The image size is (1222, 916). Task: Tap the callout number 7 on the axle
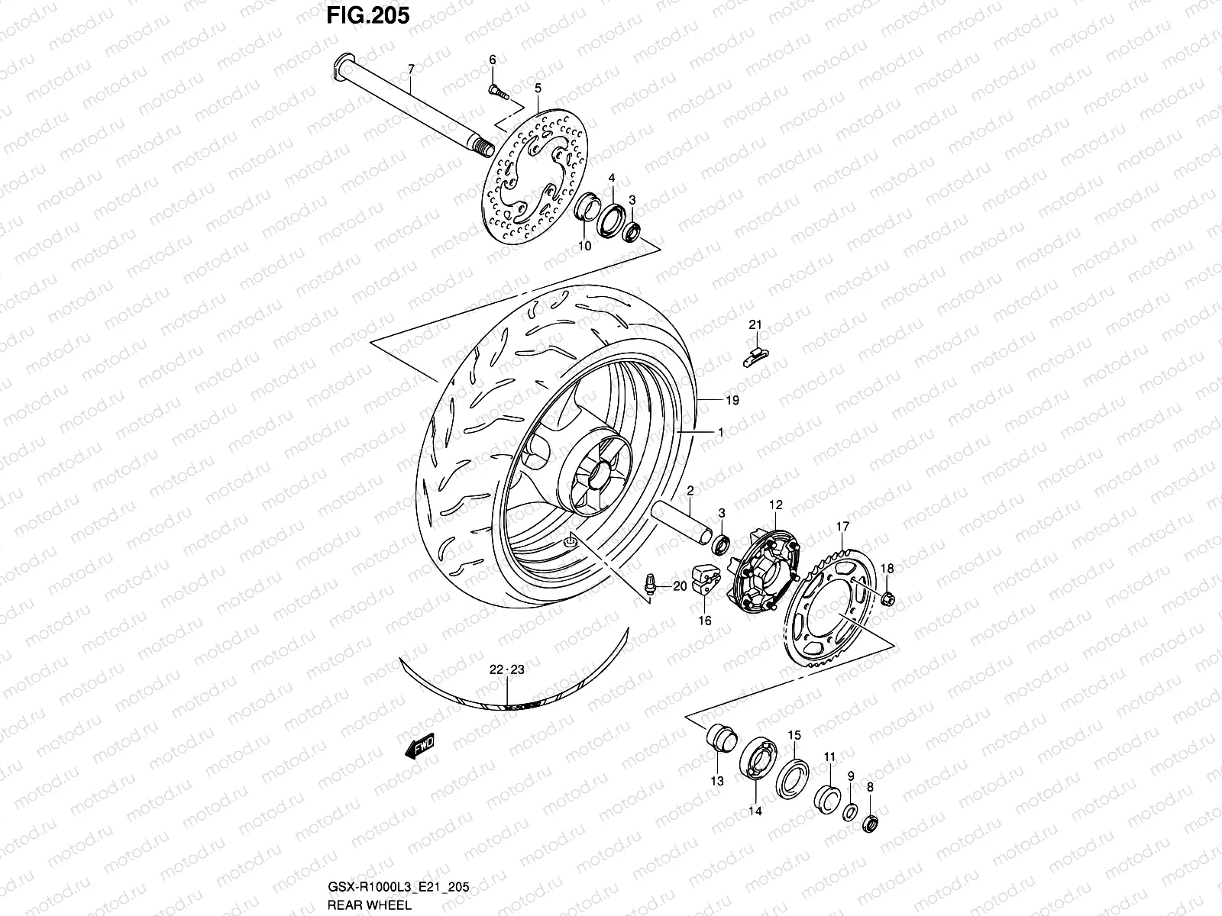411,69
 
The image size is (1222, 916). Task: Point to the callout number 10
584,246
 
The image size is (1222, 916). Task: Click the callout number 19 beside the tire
732,400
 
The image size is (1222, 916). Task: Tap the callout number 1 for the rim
719,432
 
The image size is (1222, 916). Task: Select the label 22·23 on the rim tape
507,669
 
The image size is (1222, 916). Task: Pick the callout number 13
716,781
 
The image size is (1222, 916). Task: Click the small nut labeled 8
868,824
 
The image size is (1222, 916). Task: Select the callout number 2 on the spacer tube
690,490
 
